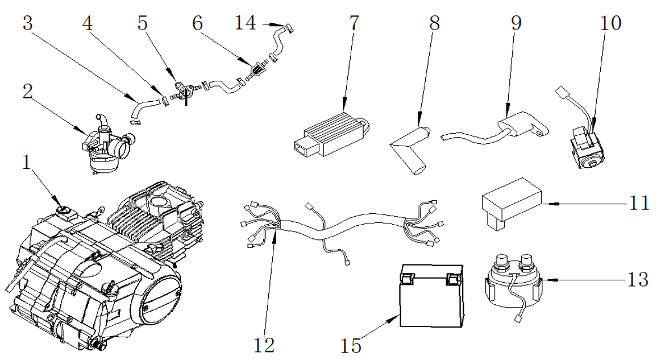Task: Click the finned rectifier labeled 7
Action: tap(330, 131)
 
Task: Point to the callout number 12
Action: tap(264, 345)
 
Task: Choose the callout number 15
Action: tap(351, 345)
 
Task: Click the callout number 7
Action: tap(354, 23)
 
